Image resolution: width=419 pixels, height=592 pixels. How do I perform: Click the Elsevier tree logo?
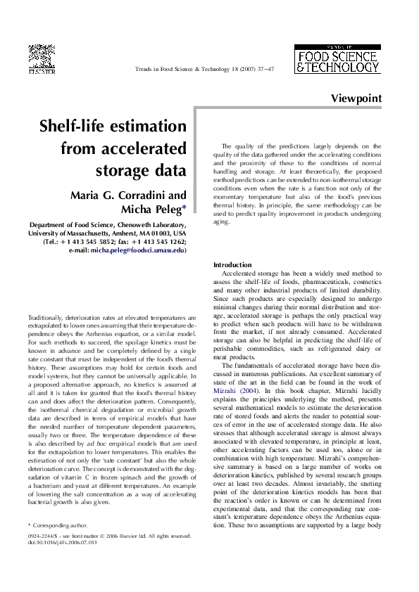click(x=42, y=57)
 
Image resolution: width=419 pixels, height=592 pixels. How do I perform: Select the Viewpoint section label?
click(x=356, y=99)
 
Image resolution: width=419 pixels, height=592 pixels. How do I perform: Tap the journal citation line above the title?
click(x=204, y=70)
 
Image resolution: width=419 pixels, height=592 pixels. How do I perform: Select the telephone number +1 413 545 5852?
click(x=94, y=241)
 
